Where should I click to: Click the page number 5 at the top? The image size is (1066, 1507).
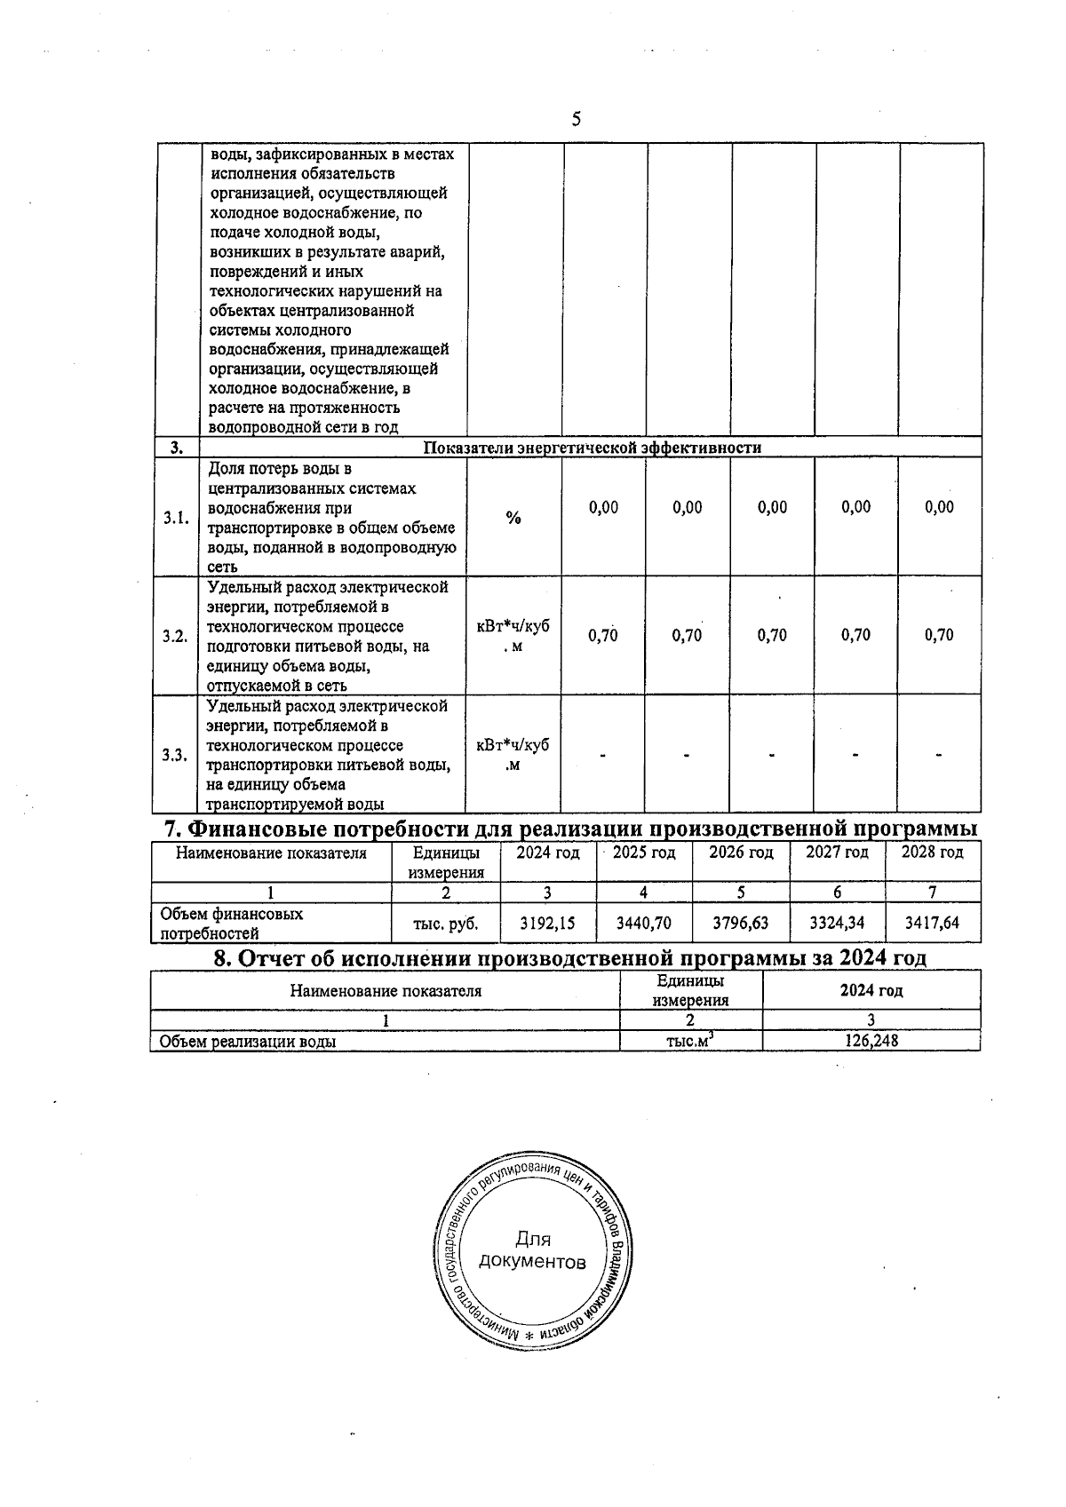pos(576,119)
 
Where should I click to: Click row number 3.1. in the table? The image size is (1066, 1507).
pos(176,518)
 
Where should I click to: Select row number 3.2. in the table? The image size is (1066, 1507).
pos(176,636)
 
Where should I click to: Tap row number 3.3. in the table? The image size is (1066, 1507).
pos(176,755)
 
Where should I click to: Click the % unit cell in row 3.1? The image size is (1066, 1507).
pos(513,518)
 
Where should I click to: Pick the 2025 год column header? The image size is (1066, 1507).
pos(644,853)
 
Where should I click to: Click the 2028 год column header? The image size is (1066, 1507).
pos(932,853)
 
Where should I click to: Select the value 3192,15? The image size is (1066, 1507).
pos(547,924)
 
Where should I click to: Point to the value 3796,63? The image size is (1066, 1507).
pos(740,924)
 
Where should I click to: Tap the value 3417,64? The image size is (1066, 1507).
pos(932,924)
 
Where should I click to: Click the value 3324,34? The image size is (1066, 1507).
pos(837,924)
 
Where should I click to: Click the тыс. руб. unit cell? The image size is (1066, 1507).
pos(446,924)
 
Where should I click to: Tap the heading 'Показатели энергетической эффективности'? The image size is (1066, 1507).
pos(592,448)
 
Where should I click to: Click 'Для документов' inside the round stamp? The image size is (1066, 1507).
pos(532,1250)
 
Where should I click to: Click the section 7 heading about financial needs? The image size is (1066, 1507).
pos(571,829)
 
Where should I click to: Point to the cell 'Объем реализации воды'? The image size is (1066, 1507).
pos(247,1042)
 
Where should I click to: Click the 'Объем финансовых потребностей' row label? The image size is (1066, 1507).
pos(231,924)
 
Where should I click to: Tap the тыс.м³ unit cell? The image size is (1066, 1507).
pos(690,1041)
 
